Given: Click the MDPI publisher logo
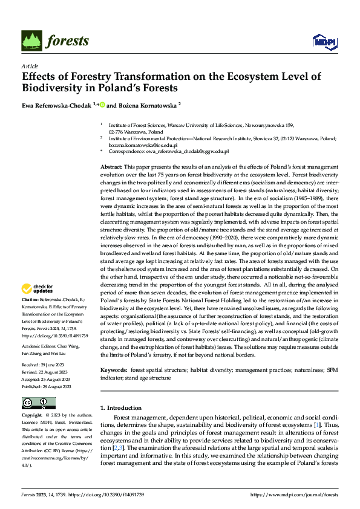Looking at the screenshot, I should [324, 41].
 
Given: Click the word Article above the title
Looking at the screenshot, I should [29, 65].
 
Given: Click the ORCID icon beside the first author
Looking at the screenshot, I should [102, 105].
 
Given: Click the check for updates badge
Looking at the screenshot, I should [38, 290].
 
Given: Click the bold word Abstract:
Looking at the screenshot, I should [113, 166].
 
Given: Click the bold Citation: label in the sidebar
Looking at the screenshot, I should [32, 299].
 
